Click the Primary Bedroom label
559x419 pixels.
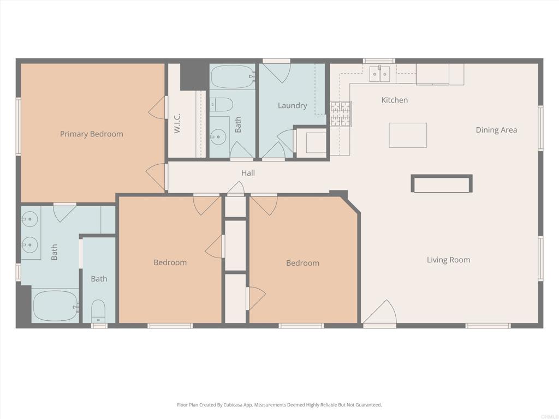92,134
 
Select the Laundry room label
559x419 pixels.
292,105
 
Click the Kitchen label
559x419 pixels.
394,100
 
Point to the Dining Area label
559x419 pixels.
496,130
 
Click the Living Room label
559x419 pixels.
448,260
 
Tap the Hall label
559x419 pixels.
248,173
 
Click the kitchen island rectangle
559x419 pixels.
408,135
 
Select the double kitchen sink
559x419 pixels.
380,74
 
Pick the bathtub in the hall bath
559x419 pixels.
233,77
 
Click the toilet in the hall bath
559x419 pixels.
222,104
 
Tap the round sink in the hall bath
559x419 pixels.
219,135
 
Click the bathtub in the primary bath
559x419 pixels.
55,306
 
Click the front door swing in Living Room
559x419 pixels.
380,313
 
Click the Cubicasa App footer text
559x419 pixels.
279,405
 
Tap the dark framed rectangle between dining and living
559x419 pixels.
442,184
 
